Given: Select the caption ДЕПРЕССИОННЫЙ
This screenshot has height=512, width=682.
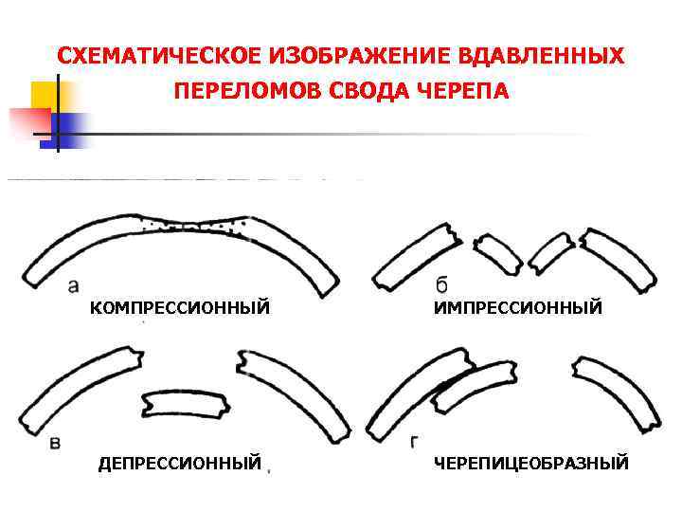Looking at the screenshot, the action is point(180,463).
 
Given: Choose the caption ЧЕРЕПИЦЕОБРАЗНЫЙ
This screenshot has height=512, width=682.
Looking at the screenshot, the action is point(531,463).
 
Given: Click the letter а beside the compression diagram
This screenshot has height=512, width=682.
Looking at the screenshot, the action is point(75,284).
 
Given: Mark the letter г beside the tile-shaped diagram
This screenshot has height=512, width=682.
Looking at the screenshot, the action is point(416,442).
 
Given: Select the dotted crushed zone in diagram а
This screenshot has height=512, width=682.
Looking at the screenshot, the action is point(194,224).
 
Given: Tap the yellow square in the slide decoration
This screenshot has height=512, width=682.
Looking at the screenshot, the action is point(45,97).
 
